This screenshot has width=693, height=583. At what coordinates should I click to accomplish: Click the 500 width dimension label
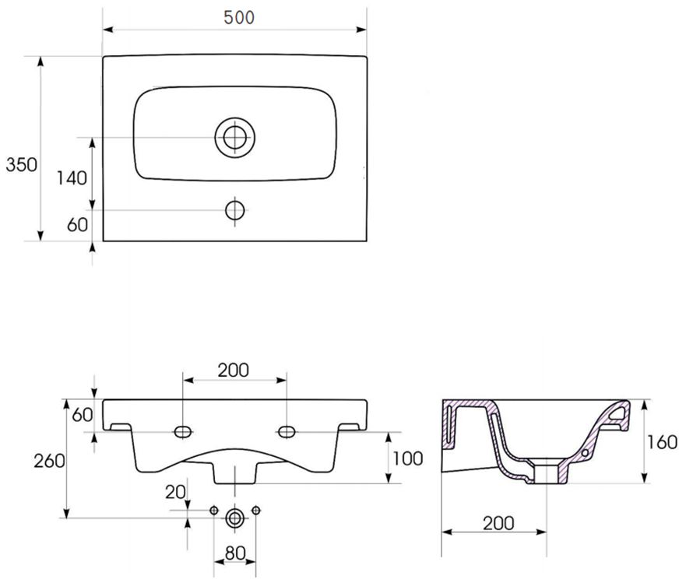(x=239, y=18)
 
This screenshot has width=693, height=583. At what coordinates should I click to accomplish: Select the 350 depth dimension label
(x=21, y=165)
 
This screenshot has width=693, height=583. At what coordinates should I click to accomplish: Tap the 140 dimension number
(x=72, y=178)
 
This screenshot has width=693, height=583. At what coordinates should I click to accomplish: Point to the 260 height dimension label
(x=50, y=461)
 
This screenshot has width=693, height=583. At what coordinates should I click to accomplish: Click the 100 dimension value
(x=408, y=458)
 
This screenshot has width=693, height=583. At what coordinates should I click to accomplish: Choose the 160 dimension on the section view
(x=662, y=441)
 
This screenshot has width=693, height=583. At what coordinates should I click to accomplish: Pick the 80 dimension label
(x=234, y=553)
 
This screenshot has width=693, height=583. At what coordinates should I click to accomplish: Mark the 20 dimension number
(x=175, y=492)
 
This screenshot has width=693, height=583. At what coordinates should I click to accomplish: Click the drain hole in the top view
(x=234, y=137)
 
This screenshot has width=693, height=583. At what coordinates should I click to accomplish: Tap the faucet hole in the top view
(x=234, y=210)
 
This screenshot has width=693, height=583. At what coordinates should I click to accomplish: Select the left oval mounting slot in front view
(x=183, y=431)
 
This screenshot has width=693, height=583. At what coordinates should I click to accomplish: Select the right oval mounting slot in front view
(x=287, y=431)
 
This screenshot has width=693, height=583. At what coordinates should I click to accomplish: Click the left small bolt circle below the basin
(x=214, y=511)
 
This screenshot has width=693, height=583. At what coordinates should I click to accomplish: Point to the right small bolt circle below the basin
(x=256, y=511)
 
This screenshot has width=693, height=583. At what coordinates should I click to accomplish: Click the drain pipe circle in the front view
(x=234, y=518)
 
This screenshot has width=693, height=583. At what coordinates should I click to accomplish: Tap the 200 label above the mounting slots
(x=234, y=371)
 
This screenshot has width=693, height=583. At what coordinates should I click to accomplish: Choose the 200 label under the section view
(x=498, y=523)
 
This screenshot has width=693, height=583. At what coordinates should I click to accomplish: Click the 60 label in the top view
(x=77, y=225)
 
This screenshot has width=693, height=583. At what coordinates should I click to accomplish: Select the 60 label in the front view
(x=83, y=415)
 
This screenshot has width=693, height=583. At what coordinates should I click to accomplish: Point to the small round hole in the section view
(x=586, y=453)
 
